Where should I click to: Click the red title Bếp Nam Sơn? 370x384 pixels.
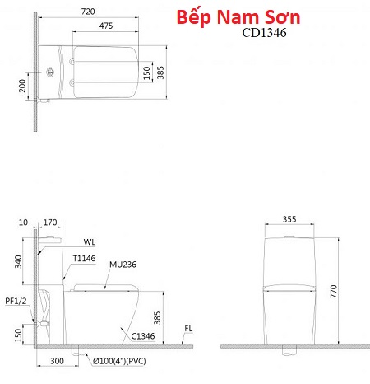238,17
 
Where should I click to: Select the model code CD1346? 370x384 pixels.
264,33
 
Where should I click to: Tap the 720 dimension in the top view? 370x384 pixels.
88,12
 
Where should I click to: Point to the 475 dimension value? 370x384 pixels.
106,26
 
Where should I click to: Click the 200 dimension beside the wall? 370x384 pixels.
22,86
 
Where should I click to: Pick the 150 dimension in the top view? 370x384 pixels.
147,73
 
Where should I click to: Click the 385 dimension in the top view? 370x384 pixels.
160,73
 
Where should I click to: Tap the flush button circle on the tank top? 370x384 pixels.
50,72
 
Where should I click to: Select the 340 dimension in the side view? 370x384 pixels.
18,261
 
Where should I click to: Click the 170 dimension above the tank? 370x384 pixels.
50,222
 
